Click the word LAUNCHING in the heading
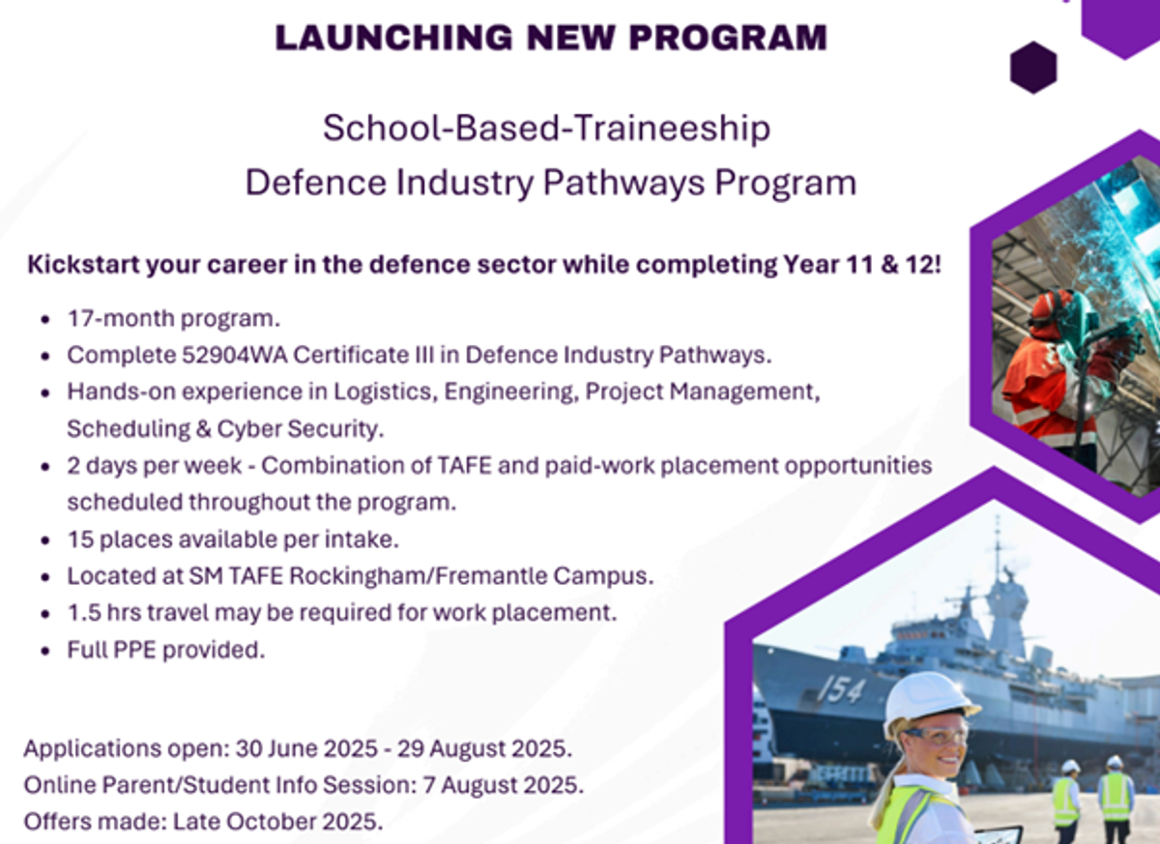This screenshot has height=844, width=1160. [393, 38]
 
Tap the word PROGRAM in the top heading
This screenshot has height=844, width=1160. [728, 38]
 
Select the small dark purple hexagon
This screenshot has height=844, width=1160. [1033, 68]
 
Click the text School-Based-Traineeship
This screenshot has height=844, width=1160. [547, 128]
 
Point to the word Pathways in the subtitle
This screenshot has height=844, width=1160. [623, 183]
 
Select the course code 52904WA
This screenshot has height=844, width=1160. [235, 355]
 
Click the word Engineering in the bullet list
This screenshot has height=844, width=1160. [511, 392]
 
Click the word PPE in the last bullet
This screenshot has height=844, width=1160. [134, 650]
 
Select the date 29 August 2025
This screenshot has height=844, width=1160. [484, 748]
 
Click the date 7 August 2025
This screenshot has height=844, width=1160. [503, 785]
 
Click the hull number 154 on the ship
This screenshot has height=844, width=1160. [842, 689]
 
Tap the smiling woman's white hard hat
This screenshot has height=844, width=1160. [929, 704]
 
